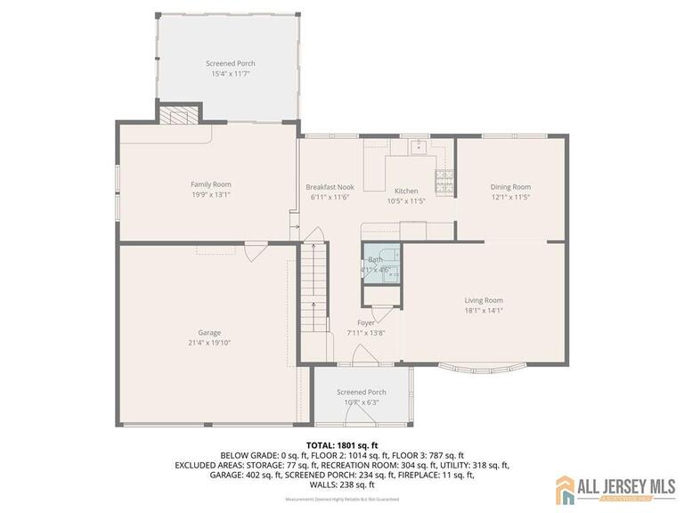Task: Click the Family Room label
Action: [210, 184]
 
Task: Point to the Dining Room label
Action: [510, 187]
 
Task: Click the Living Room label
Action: [484, 300]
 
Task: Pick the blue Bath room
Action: [381, 265]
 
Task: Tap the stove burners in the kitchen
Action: [444, 181]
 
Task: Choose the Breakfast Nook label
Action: [330, 187]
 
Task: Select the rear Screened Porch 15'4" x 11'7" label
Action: [231, 64]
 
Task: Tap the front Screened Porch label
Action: [361, 392]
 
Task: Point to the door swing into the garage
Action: [254, 252]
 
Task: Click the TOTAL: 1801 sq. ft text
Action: [342, 444]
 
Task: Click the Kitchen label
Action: [406, 191]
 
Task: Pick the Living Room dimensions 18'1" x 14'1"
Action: [484, 311]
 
